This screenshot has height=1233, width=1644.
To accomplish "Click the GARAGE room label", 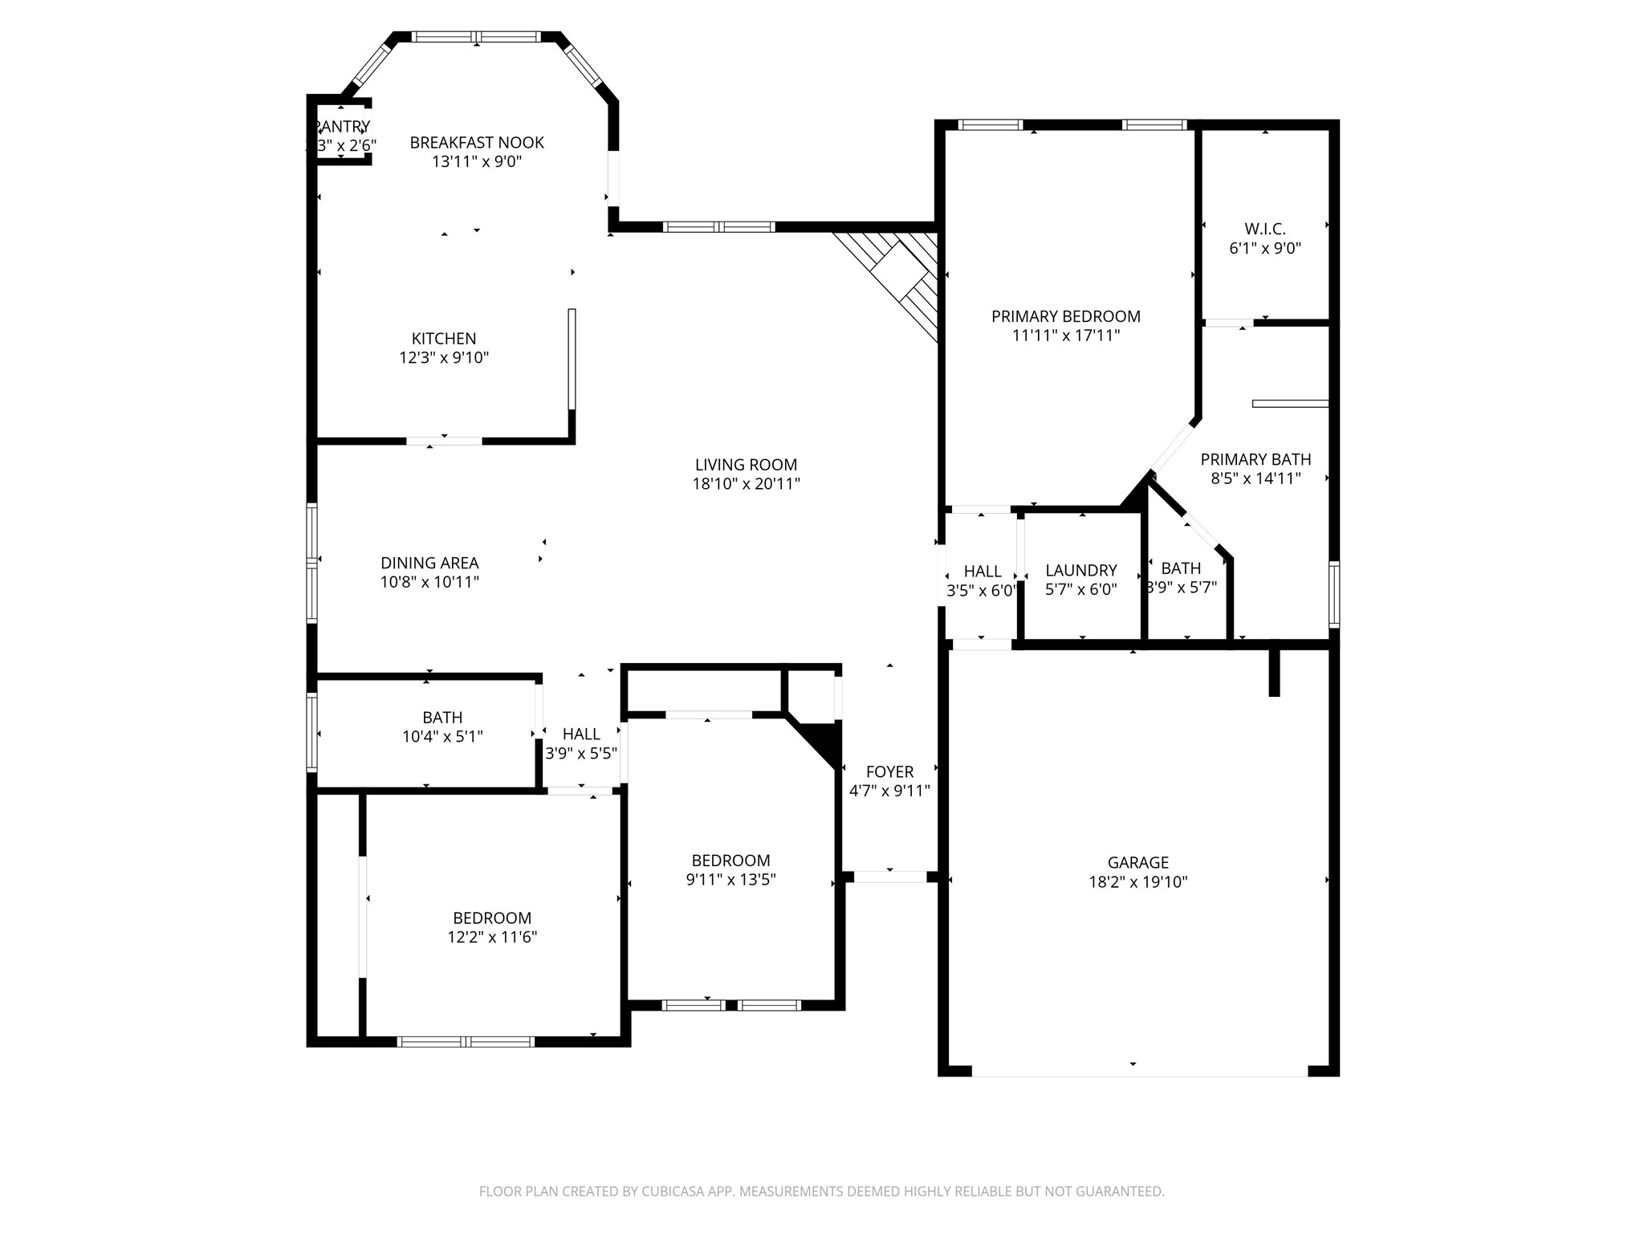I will click(1137, 863).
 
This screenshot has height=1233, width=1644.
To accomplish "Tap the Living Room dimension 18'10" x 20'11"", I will click(746, 484).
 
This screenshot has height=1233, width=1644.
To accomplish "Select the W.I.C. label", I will click(1264, 230).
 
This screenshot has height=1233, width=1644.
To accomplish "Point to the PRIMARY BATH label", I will click(1255, 459).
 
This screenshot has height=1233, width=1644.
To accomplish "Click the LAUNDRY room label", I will click(1080, 571).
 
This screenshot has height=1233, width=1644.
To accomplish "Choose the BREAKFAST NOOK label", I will click(477, 143).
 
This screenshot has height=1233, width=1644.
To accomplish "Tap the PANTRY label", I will click(342, 127).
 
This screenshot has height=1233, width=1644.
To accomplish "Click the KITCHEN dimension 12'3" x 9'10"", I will click(444, 358).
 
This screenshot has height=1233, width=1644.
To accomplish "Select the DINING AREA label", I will click(429, 564).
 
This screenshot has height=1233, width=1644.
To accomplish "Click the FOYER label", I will click(889, 772).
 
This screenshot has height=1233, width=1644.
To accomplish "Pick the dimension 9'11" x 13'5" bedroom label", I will click(730, 880).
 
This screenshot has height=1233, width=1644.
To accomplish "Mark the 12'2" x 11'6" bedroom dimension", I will click(492, 937).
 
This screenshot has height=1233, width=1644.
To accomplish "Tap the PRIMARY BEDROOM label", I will click(1065, 317).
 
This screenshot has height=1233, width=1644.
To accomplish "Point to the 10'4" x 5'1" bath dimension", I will click(442, 736).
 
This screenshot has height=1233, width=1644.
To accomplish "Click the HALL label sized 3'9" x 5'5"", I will click(581, 735).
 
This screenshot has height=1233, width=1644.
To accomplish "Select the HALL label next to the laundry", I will click(982, 572).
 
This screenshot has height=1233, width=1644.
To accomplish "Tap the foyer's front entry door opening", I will click(889, 877).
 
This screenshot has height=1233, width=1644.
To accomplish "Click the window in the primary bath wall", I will click(1333, 594).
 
